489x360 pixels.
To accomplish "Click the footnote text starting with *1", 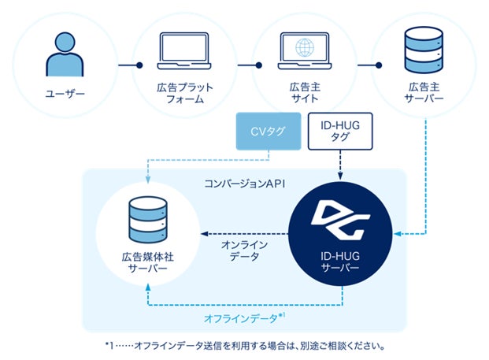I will (244, 345).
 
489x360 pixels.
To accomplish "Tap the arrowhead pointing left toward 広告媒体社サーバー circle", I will (203, 233).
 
